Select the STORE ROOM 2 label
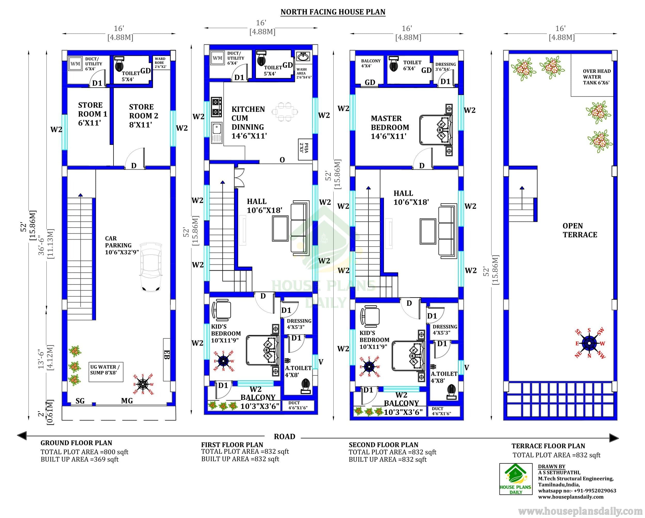point(144,116)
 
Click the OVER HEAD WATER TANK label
point(596,77)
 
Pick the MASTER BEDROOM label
point(390,127)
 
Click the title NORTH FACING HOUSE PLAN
point(333,12)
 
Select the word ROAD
point(285,437)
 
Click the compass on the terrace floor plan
point(589,343)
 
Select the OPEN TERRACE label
point(579,230)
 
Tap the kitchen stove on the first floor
point(216,107)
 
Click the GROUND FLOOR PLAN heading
point(76,443)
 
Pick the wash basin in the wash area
point(304,56)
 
